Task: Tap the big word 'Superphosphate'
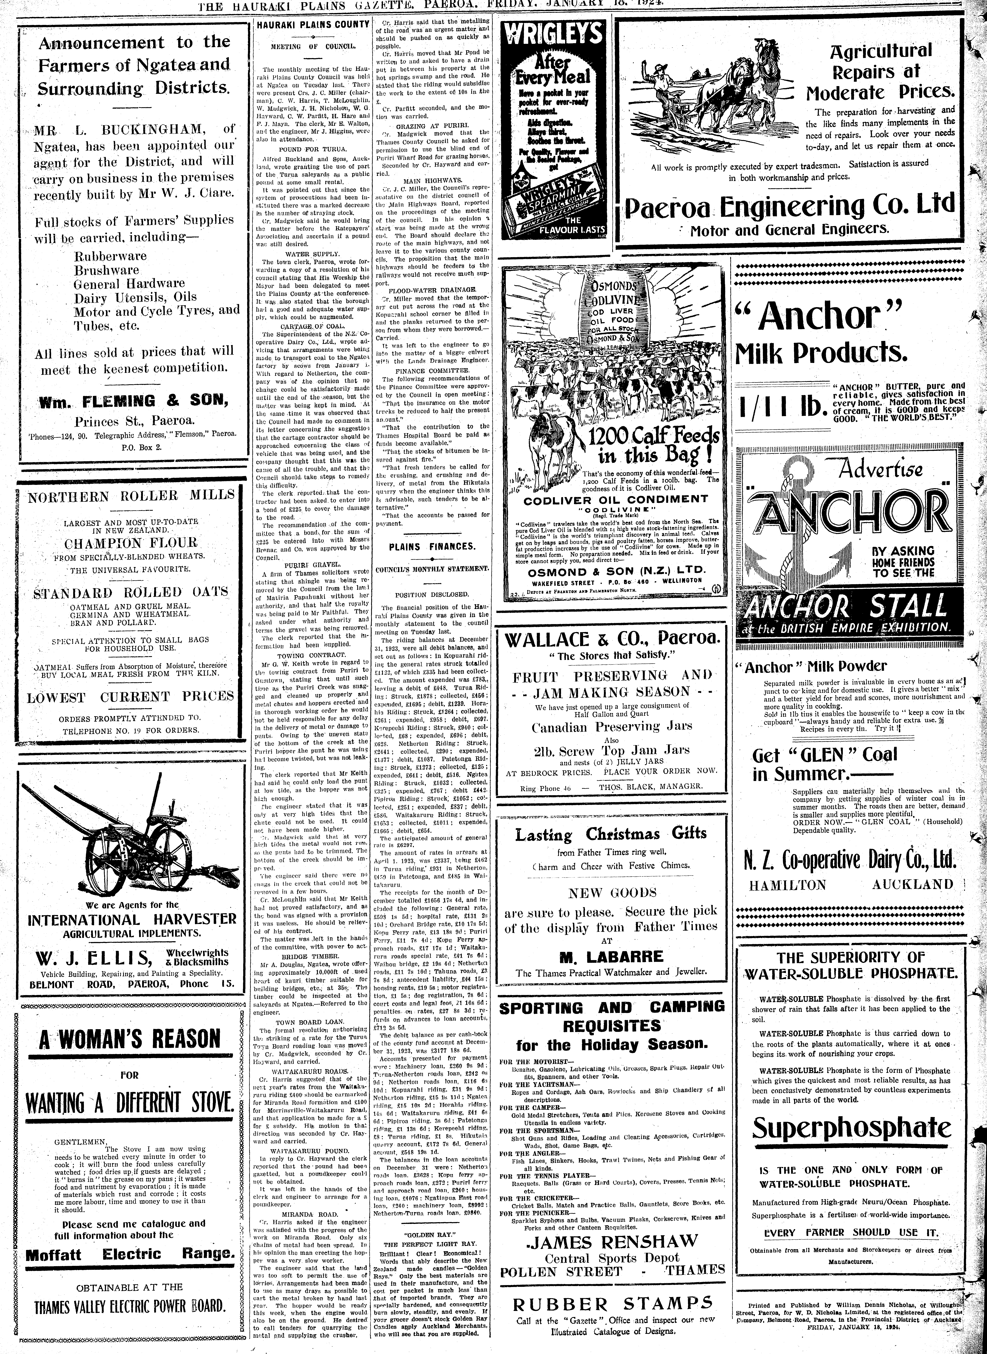click(x=851, y=1128)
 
